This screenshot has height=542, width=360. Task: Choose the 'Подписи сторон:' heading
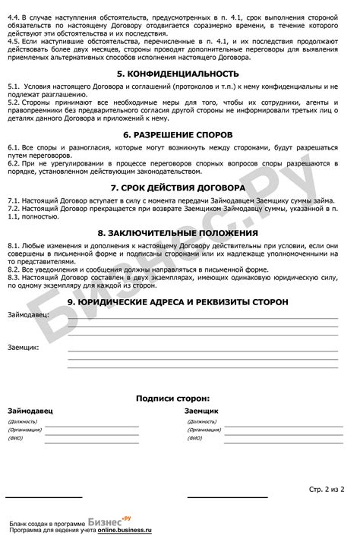[x=173, y=397]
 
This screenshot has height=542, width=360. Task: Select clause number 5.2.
[x=14, y=100]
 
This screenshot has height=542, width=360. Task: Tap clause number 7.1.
[x=14, y=200]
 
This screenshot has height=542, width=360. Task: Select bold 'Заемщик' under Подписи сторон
[x=201, y=411]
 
